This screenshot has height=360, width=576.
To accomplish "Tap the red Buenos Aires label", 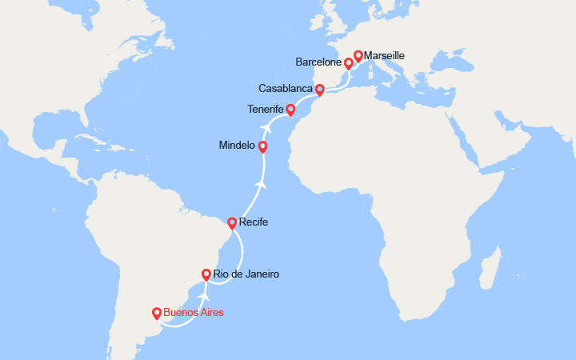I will pos(193,313).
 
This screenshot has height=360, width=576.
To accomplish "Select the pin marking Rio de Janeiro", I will pos(206,274).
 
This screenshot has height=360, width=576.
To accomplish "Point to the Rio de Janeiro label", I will pos(246,274).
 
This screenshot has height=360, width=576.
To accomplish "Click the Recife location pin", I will pos(232,223).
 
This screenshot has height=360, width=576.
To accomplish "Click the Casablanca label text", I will pos(286,88).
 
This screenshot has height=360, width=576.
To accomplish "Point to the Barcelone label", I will pos(318,62).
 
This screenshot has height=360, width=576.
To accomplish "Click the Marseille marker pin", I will pos(358,55).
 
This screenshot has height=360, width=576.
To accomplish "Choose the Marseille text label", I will pos(385,56).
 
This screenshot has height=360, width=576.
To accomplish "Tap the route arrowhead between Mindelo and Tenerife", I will pos(265,126).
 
